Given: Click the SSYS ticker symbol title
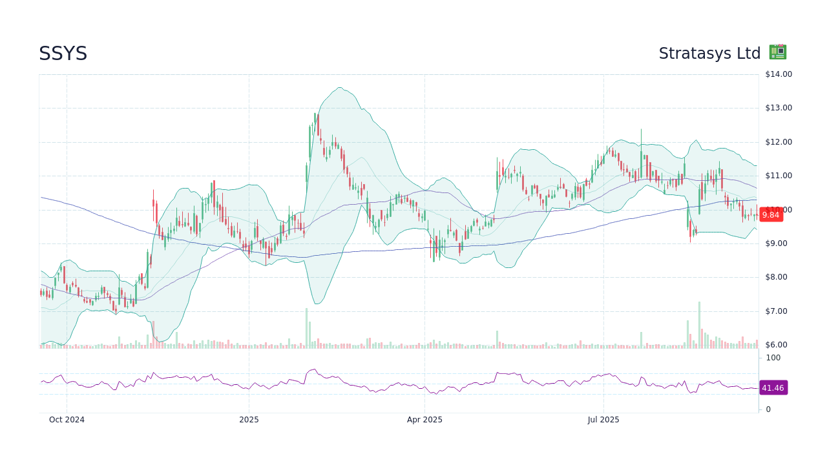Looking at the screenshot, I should point(63,54).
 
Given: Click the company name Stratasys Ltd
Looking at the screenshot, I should point(709,54).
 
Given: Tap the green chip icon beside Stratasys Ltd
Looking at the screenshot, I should point(777,52).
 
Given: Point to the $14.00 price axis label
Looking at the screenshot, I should point(778,74).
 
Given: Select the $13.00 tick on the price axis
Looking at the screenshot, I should point(778,108).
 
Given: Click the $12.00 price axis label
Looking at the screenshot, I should point(778,142).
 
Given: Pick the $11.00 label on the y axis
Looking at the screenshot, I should point(778,176).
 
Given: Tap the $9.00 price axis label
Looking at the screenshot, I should point(778,243).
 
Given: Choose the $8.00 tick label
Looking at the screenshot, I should point(778,277).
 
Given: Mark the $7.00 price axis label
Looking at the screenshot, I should point(778,311).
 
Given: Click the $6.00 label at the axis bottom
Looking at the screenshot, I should point(778,345).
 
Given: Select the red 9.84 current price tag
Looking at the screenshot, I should point(771,215).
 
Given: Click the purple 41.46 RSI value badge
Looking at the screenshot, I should point(773,388).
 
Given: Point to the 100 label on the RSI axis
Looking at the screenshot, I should point(773,358).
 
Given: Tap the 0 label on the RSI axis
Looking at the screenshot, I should point(768,409).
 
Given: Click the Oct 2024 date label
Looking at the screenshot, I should point(67,420).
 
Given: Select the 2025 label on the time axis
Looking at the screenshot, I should point(249,420).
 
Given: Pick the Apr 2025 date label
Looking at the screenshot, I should point(424,420).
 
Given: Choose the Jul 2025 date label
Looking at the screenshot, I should point(603,420).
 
